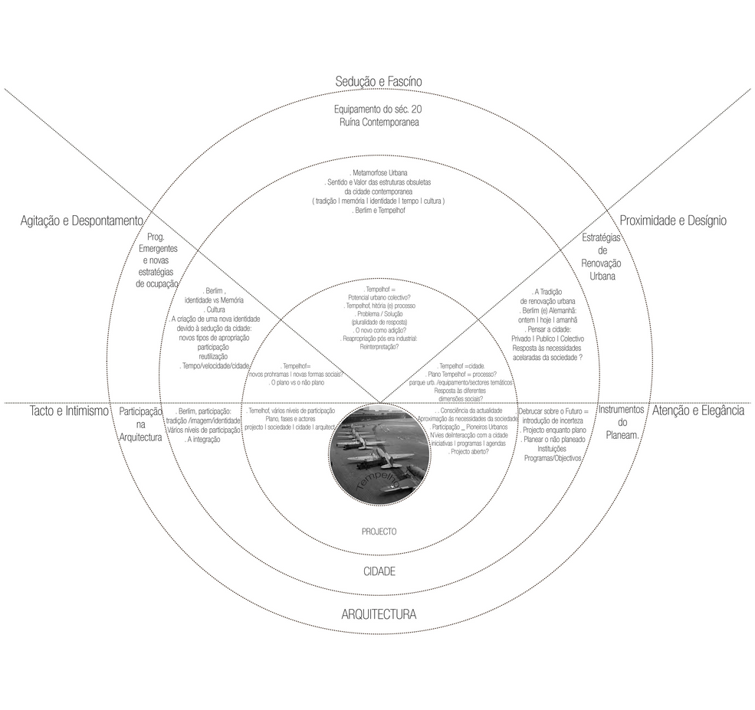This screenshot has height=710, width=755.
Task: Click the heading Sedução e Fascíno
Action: pos(378,82)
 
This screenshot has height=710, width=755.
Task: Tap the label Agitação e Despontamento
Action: pos(82,221)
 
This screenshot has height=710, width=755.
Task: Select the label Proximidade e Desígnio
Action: pos(672,221)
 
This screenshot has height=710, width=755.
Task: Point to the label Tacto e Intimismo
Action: pos(69,411)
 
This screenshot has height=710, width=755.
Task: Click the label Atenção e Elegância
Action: pos(698,411)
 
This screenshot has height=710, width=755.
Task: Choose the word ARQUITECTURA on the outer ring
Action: pos(378,614)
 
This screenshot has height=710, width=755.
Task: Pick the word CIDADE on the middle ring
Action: pos(379,571)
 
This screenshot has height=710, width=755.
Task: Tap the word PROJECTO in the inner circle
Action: pos(379,531)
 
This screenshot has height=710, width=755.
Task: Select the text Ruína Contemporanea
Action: pos(379,123)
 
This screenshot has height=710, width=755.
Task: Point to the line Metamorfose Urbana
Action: pos(379,173)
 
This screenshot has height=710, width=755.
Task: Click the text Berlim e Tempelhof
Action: pos(379,210)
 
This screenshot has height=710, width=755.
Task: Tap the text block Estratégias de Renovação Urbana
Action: pos(602,257)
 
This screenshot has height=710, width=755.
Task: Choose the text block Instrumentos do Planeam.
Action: pos(622,422)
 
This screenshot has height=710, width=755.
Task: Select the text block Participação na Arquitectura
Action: pos(140,424)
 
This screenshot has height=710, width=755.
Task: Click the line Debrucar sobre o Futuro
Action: pos(553,411)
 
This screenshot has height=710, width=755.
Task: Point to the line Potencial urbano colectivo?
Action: pos(379,297)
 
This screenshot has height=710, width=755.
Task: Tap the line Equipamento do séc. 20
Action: pos(379,110)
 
